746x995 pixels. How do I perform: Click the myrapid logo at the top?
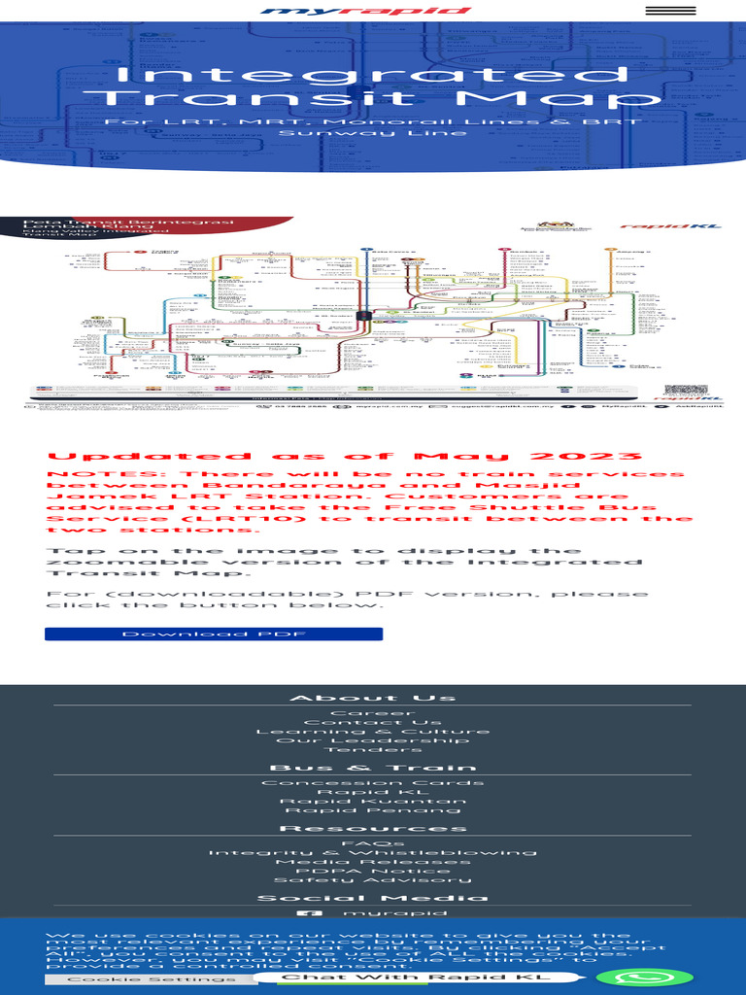(x=365, y=12)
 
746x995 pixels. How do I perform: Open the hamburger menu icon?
(x=670, y=11)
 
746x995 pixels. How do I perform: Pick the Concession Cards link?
(x=373, y=782)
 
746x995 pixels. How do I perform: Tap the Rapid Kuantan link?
(x=373, y=801)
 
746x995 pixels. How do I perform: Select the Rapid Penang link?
(x=373, y=809)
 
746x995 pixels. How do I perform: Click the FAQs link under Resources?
(x=373, y=843)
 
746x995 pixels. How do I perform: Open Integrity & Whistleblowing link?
(x=373, y=852)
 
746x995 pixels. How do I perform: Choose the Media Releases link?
(x=373, y=862)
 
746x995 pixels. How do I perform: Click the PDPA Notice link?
(x=373, y=871)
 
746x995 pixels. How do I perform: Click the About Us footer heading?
(x=373, y=698)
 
